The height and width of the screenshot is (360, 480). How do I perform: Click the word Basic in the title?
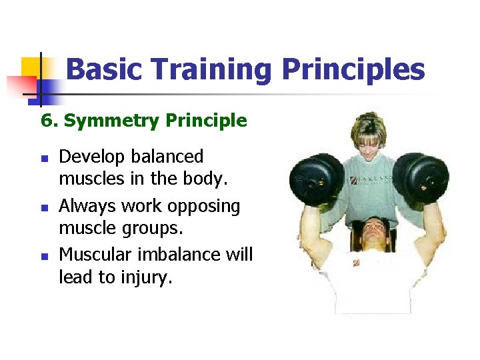[x=105, y=69]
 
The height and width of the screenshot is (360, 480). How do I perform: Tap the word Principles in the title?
[x=353, y=69]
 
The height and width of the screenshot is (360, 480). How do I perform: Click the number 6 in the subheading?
[x=46, y=121]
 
